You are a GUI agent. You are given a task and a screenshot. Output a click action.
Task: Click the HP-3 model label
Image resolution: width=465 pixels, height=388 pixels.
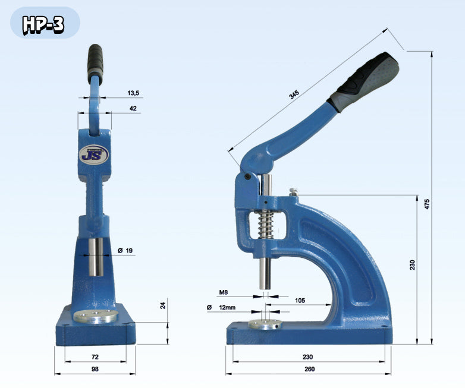[43, 24]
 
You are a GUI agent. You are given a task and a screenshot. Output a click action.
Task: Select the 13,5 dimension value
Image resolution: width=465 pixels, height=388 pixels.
[133, 93]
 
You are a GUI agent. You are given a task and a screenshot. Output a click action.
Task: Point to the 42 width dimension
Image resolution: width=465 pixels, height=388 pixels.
[133, 108]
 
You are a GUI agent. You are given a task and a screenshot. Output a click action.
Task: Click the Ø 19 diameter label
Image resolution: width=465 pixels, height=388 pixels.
[125, 251]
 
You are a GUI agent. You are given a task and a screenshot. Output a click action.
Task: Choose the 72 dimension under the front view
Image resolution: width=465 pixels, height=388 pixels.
[95, 357]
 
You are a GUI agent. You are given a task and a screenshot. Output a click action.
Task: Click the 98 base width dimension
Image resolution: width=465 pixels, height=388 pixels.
[95, 370]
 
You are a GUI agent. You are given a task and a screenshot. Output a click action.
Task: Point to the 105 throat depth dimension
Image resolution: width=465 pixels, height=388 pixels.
[300, 301]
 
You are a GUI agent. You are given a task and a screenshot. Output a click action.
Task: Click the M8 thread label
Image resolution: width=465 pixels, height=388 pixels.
[224, 292]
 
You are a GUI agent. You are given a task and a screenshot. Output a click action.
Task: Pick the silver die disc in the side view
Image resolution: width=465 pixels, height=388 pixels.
[265, 324]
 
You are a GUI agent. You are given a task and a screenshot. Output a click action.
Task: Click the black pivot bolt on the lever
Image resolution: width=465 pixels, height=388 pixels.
[247, 176]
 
